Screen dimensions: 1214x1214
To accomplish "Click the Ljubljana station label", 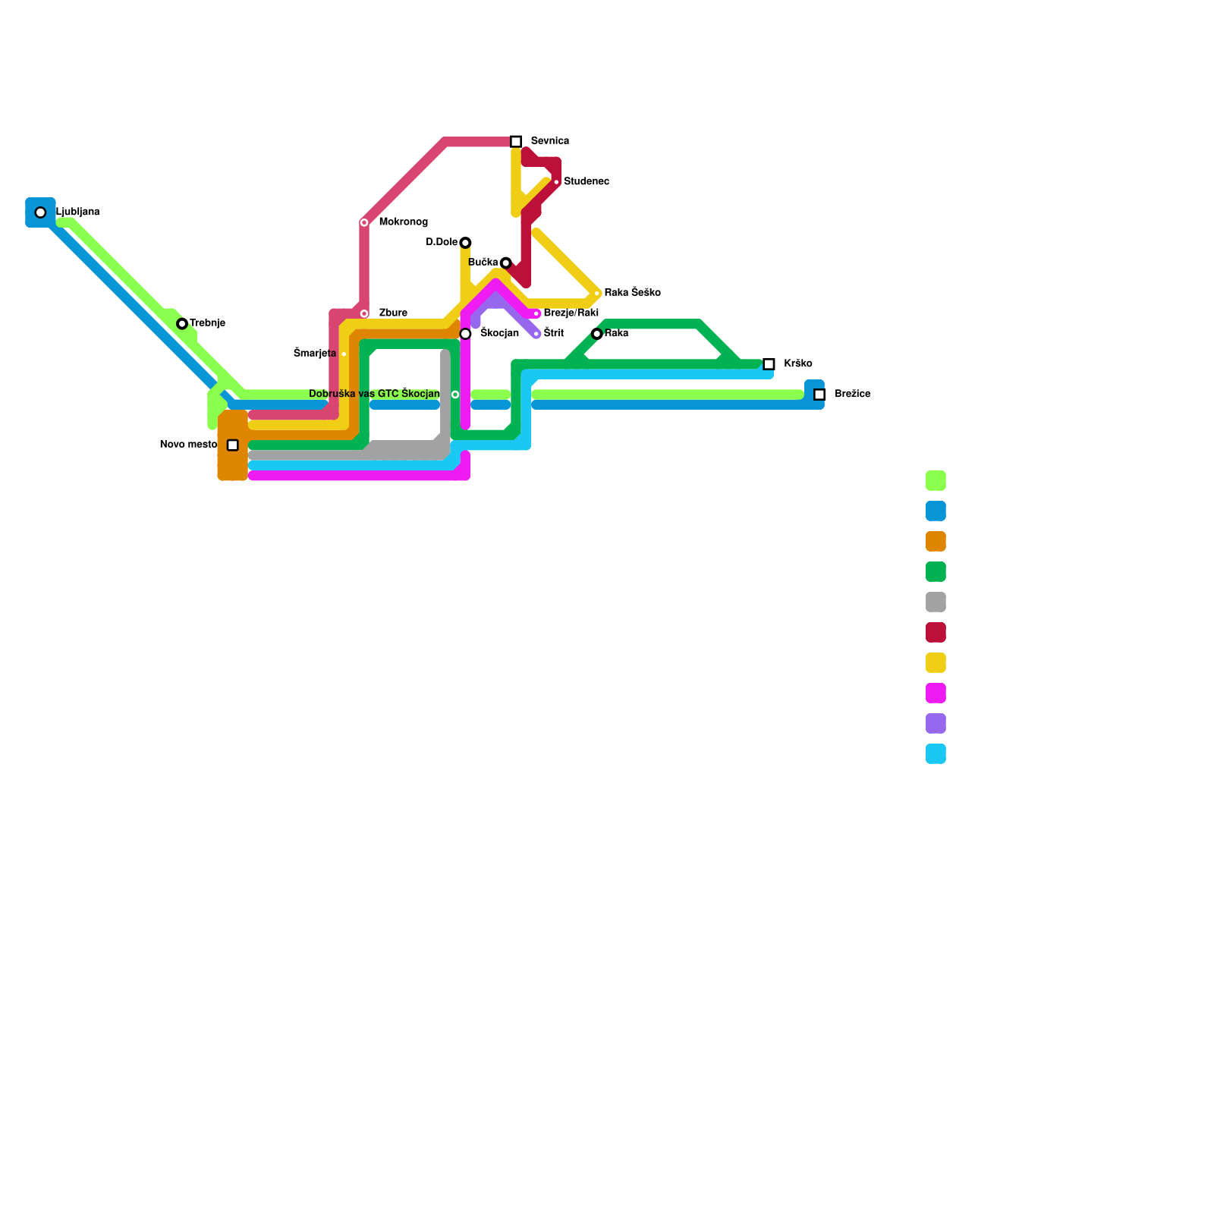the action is pos(78,212).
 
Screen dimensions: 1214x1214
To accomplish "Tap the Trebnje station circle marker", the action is pos(182,324).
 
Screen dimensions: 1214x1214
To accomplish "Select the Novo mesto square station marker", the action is pos(233,445).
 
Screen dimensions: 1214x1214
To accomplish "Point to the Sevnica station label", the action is pos(549,141).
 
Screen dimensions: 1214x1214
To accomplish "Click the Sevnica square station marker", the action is pos(516,142).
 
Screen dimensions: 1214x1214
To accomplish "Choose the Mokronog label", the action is pos(403,222).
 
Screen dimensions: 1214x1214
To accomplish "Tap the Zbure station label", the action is pos(393,313).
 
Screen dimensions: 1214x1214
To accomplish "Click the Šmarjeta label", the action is pos(315,354).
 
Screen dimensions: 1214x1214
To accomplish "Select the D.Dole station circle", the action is pos(465,243).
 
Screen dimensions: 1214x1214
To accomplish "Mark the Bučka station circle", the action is pos(506,263).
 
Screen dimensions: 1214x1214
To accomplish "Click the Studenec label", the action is pos(586,182).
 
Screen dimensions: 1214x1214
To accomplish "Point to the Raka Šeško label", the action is pos(632,293).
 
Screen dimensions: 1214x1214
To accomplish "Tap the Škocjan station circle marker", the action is pos(465,334).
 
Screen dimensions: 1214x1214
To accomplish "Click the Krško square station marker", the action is pos(769,364).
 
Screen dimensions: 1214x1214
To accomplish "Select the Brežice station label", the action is pos(852,395).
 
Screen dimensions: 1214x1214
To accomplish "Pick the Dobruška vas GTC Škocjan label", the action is pos(374,394).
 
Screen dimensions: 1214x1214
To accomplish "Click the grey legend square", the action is pos(936,602).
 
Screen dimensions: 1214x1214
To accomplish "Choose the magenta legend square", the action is pos(936,693).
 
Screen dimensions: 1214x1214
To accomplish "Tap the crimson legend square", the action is pos(936,633).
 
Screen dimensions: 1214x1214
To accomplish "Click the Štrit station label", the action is pos(554,333).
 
